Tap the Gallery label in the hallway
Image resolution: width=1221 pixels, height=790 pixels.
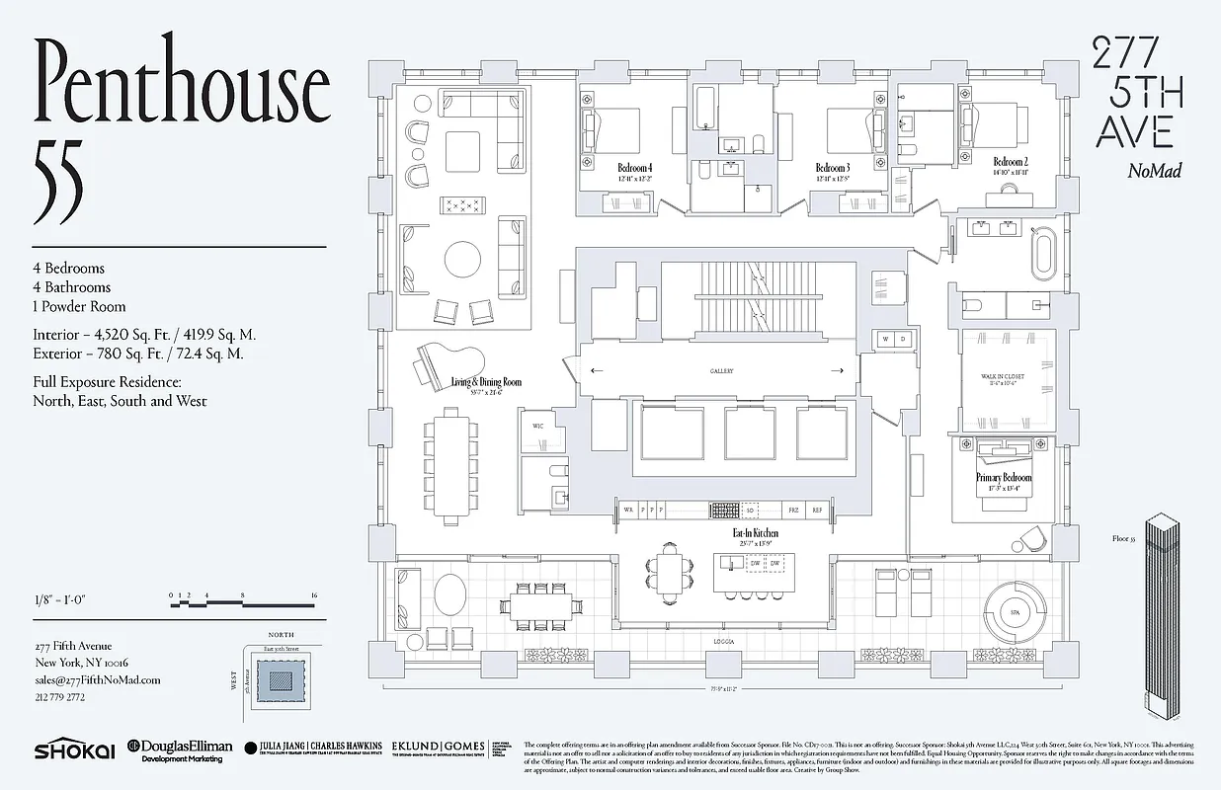[x=721, y=371]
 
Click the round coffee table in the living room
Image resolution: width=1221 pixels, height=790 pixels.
[x=464, y=260]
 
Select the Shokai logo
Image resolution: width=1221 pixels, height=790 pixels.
[x=73, y=750]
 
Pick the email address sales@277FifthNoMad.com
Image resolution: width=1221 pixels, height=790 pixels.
[x=97, y=679]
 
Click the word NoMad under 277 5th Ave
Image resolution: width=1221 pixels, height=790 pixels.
[x=1155, y=171]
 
